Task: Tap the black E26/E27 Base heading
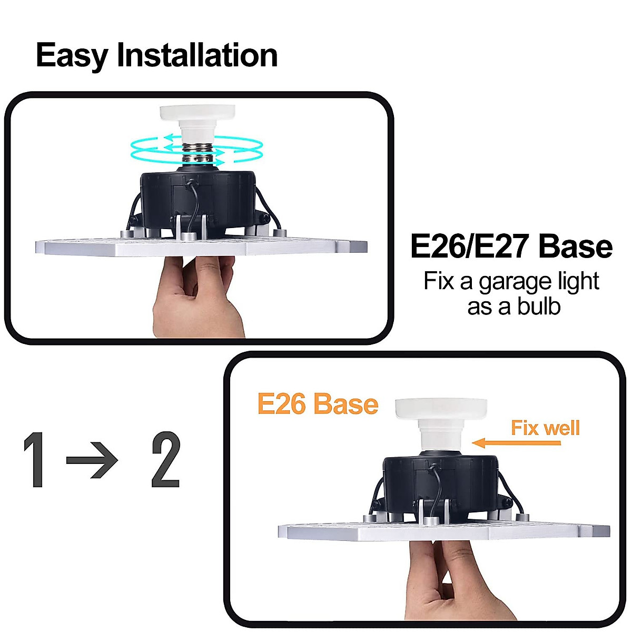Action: (x=511, y=247)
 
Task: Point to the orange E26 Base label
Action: (x=318, y=404)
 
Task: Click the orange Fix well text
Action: (x=545, y=428)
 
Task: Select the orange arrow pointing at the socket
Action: (x=516, y=443)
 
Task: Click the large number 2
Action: (x=165, y=459)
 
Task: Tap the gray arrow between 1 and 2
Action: (x=92, y=460)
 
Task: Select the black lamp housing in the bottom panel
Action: (x=440, y=485)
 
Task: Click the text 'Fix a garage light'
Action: (x=511, y=281)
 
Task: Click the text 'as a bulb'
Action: (x=513, y=307)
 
